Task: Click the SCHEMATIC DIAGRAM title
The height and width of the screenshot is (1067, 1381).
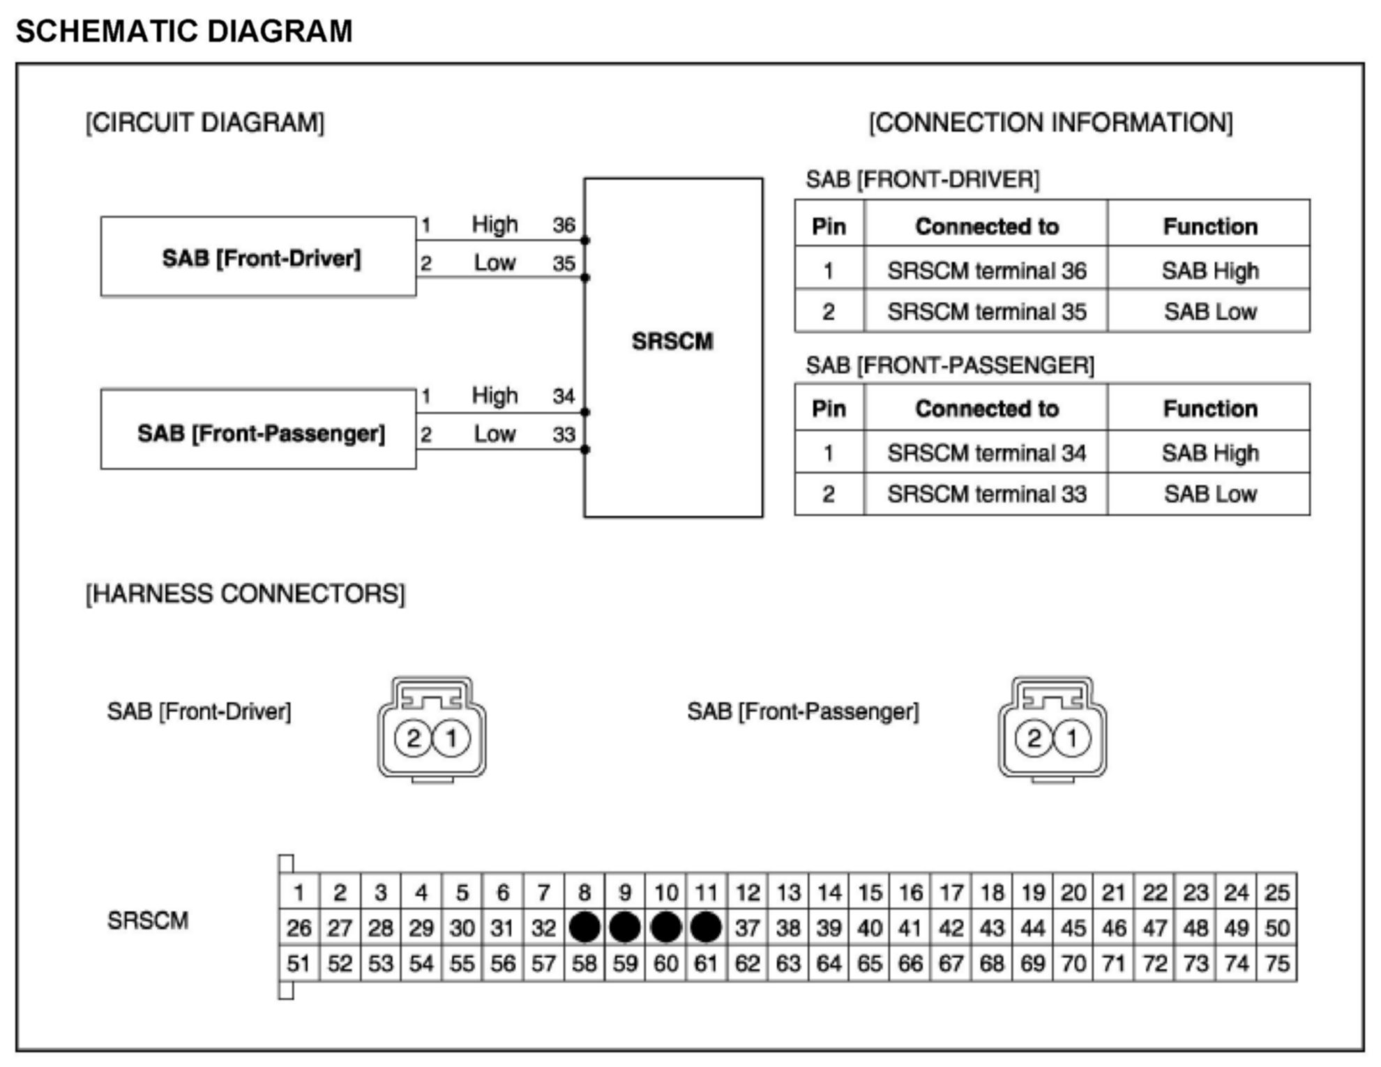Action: (184, 31)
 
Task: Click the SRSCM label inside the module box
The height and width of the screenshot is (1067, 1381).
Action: (672, 341)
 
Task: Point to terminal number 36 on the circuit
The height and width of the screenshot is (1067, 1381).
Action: (564, 225)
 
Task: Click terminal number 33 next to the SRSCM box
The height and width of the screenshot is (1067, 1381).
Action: (564, 434)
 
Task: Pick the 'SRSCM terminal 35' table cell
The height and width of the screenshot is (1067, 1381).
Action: (986, 312)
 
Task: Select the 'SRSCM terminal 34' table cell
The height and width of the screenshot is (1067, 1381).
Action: (986, 453)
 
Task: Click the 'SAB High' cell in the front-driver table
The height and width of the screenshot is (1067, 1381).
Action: (1209, 271)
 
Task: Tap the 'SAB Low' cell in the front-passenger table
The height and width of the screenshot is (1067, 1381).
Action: (1209, 494)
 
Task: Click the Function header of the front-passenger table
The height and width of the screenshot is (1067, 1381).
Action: (1209, 409)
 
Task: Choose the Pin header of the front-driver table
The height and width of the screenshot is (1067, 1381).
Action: (829, 227)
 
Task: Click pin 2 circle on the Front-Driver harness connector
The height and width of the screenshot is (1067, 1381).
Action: (414, 738)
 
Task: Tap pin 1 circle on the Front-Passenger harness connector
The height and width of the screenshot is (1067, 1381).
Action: (1072, 738)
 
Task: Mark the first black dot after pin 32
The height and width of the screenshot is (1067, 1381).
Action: (584, 928)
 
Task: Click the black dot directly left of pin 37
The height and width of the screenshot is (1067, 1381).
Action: (706, 928)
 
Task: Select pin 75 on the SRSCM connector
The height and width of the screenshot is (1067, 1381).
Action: (1277, 964)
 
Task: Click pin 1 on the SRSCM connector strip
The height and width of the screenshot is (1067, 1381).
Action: (299, 892)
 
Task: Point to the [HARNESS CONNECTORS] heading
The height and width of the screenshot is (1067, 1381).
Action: (245, 594)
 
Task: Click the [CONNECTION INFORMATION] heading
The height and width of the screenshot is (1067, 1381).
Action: (1050, 123)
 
